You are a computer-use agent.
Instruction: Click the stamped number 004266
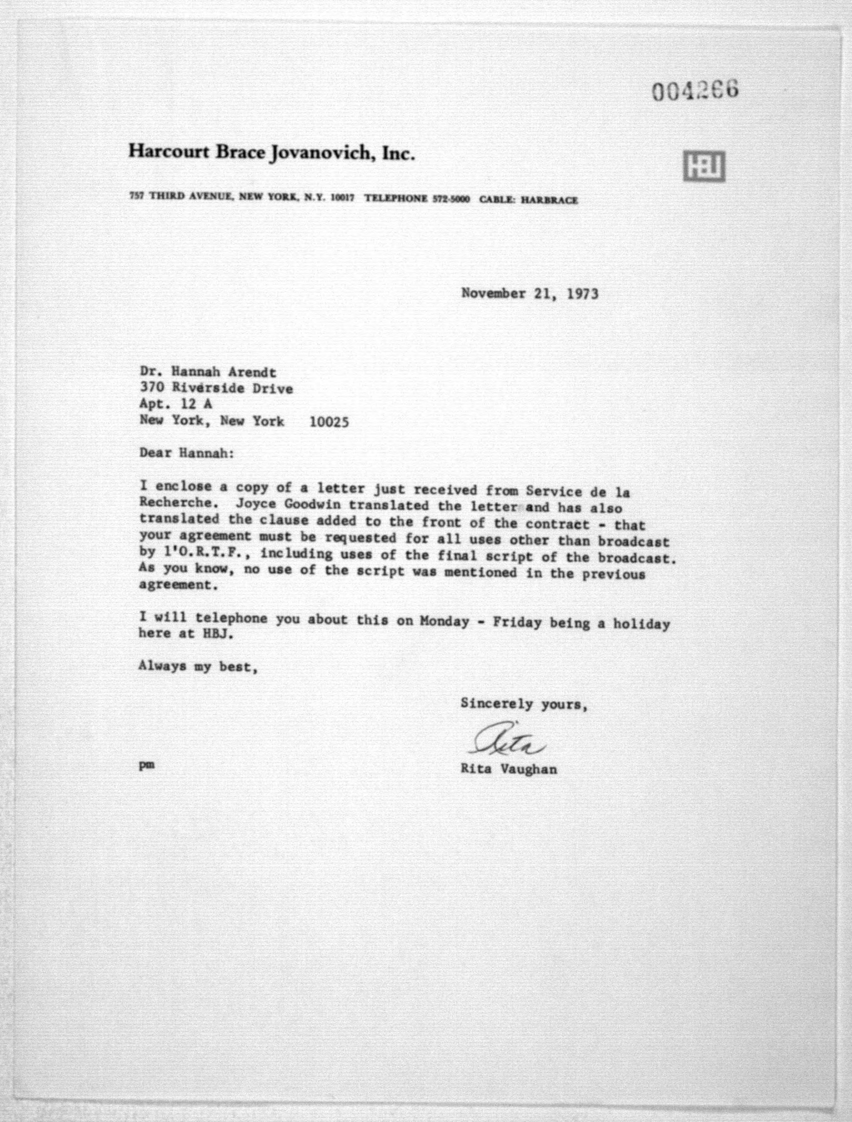pos(695,91)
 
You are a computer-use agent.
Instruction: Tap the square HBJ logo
pos(703,166)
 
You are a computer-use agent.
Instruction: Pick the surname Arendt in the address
pos(252,372)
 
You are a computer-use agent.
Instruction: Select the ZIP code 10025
pos(329,422)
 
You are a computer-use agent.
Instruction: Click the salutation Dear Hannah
pos(187,453)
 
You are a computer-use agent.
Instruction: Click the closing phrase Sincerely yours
pos(524,704)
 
